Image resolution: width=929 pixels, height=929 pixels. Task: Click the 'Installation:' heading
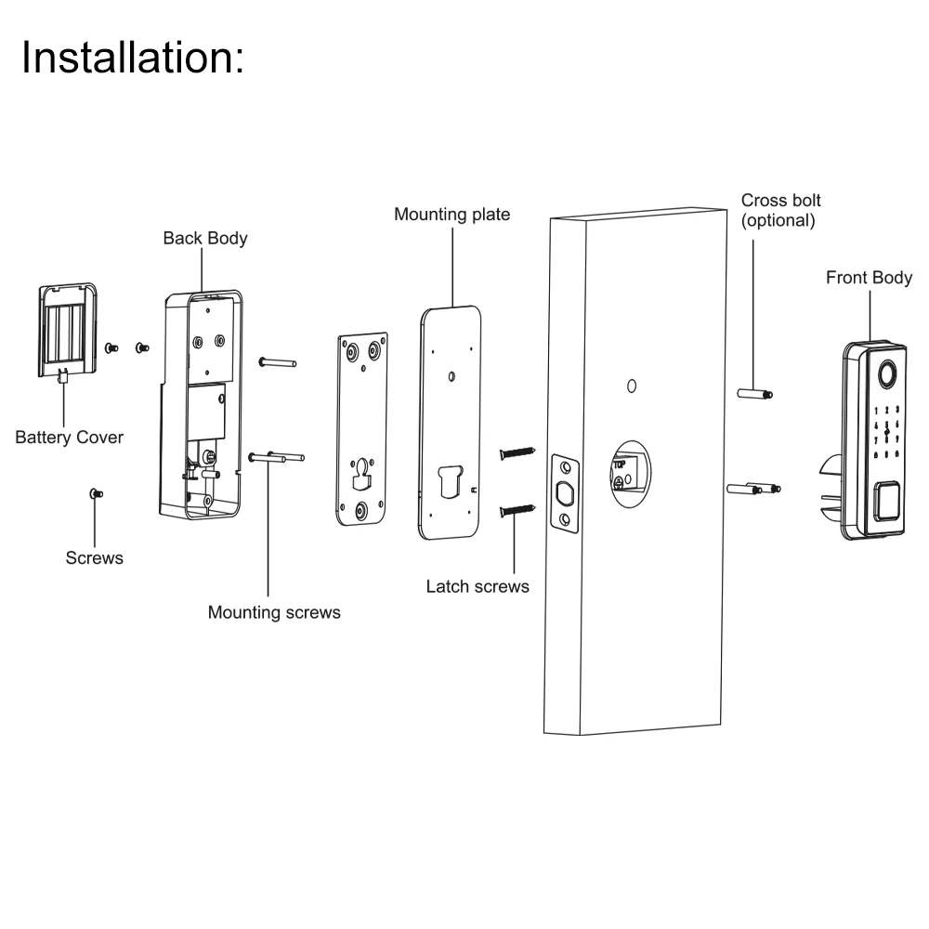(x=133, y=57)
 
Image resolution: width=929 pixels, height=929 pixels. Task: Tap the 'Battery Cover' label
(x=69, y=437)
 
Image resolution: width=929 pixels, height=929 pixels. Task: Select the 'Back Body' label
(x=205, y=239)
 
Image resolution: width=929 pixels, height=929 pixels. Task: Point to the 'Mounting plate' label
(x=452, y=215)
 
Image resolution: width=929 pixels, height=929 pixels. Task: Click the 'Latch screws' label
(x=478, y=586)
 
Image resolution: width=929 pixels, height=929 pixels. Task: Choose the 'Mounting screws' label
(x=274, y=612)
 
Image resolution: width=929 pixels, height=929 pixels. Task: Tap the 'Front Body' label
(x=869, y=278)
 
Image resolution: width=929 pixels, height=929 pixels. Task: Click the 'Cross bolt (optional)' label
(x=780, y=211)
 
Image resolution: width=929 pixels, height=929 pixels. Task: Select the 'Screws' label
(x=95, y=558)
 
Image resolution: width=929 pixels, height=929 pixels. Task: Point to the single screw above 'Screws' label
(x=95, y=493)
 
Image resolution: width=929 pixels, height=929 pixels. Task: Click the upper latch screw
(x=518, y=452)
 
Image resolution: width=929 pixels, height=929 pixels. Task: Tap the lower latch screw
(x=518, y=509)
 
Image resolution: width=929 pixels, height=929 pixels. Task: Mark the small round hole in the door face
(x=631, y=386)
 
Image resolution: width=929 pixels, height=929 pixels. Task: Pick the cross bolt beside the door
(x=754, y=394)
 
